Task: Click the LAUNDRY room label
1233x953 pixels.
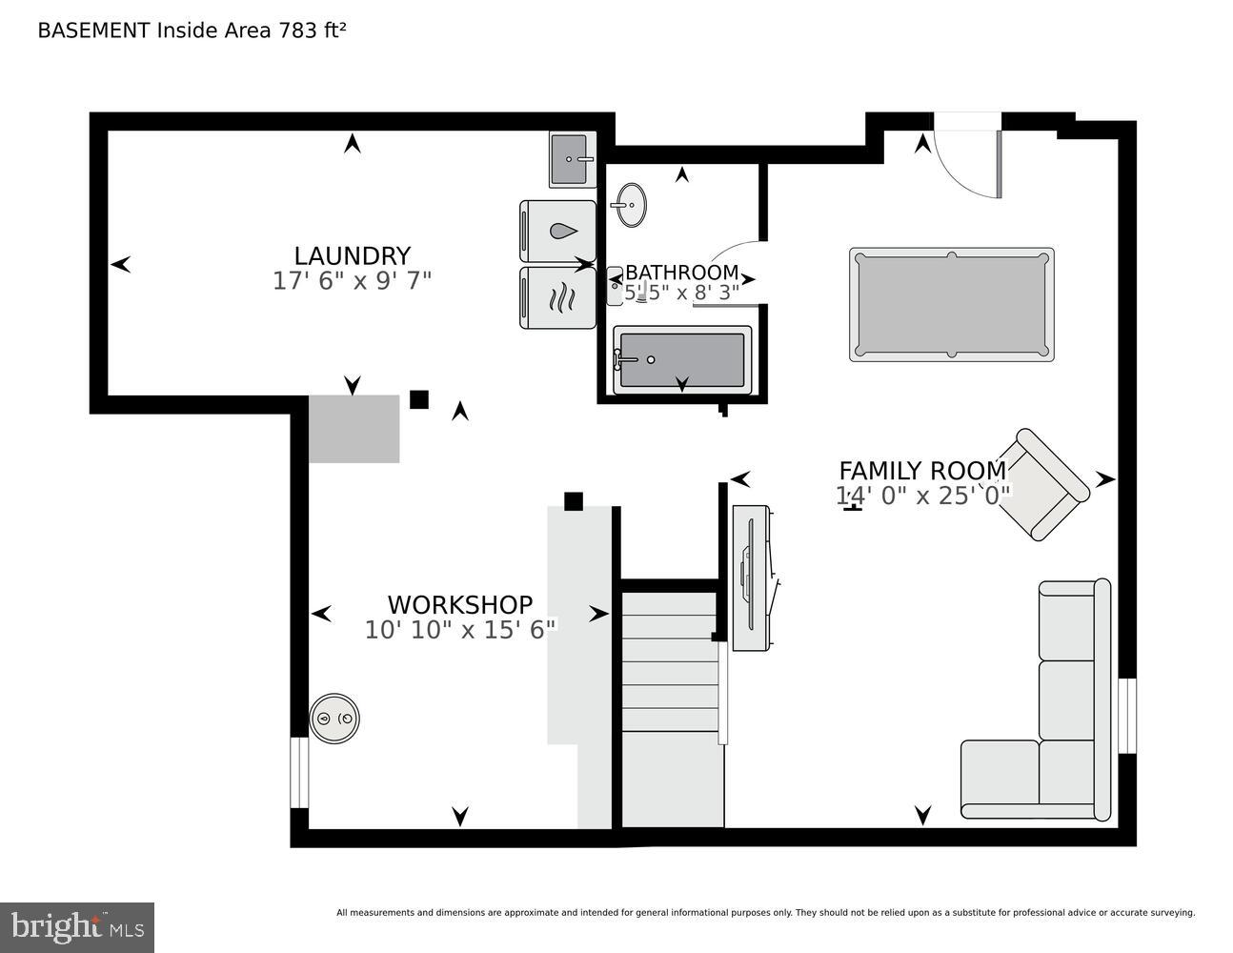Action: coord(352,255)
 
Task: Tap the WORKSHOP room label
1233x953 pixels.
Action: coord(459,604)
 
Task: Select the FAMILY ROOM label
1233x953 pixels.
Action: coord(921,471)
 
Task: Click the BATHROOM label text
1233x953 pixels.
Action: coord(681,273)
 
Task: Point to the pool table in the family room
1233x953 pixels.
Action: coord(951,305)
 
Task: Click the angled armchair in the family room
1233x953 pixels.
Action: coord(1049,484)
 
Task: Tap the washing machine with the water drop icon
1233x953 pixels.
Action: coord(558,231)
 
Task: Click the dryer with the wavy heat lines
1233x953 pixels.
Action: coord(558,297)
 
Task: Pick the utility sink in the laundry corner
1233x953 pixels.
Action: coord(573,159)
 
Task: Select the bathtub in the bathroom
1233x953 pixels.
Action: coord(681,359)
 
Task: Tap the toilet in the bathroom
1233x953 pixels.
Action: coord(616,285)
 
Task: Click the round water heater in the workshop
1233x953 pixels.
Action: coord(335,718)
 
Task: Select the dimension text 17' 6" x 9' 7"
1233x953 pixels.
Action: coord(352,281)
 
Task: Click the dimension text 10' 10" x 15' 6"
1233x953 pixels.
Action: coord(459,630)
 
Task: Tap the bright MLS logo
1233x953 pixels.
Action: coord(77,927)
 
